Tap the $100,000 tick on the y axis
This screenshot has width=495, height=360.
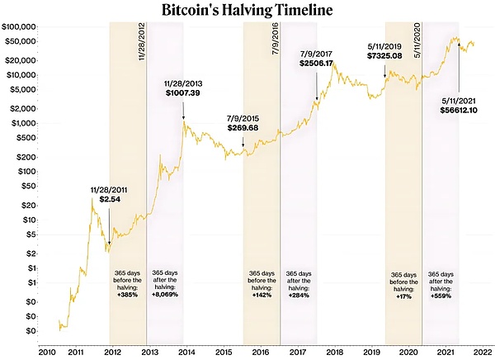click(x=21, y=27)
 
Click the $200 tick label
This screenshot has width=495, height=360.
click(x=29, y=156)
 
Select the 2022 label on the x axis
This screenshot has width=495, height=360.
click(x=483, y=351)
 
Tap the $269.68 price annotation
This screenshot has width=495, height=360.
click(x=243, y=128)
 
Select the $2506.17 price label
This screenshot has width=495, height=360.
click(x=316, y=63)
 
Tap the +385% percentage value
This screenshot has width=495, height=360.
click(x=127, y=295)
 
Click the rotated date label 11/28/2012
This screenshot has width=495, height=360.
click(x=140, y=50)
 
